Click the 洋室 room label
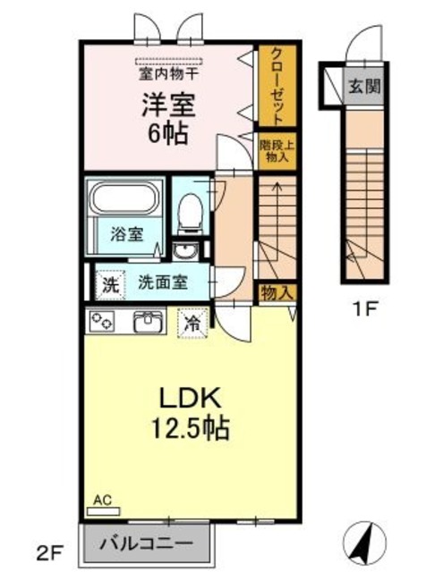168,105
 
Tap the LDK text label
190,399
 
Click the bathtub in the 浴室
126,198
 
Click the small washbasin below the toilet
185,251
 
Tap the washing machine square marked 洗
111,285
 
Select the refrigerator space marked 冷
192,323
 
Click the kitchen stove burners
101,322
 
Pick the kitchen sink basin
148,322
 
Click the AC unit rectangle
104,511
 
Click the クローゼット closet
277,86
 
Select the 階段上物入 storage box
277,151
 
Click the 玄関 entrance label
364,86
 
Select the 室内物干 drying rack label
168,74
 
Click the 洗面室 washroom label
163,282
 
